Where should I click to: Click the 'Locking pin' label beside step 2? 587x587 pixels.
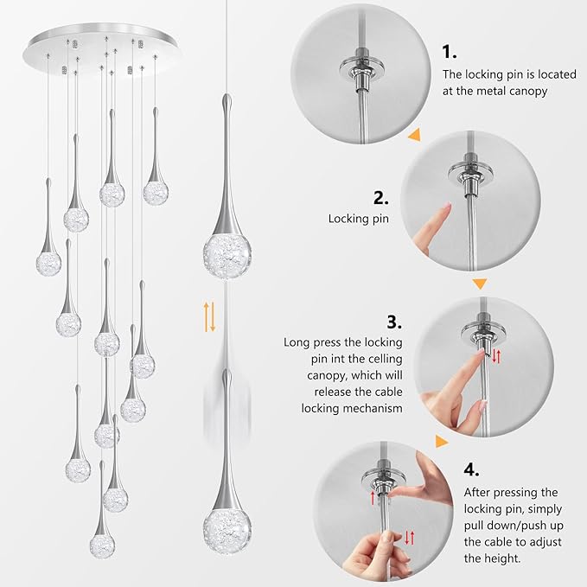point(358,219)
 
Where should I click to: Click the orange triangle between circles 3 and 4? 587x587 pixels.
point(442,442)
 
